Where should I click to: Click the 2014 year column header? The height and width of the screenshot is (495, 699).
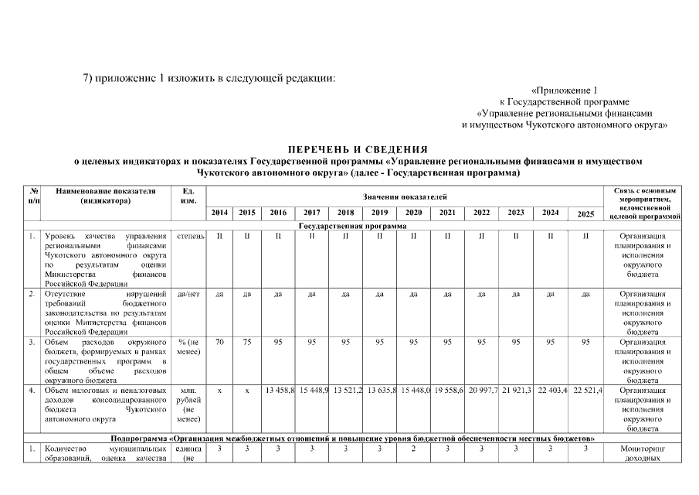[x=220, y=212]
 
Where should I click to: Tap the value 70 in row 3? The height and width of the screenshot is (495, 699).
[x=220, y=342]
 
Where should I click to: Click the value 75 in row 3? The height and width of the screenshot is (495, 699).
[x=246, y=342]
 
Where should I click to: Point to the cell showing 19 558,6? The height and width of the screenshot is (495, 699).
[x=447, y=390]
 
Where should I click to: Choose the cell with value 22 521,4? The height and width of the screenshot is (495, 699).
[x=587, y=390]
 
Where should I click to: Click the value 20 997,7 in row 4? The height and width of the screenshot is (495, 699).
[x=481, y=390]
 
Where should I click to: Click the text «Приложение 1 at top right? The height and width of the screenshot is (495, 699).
[x=565, y=90]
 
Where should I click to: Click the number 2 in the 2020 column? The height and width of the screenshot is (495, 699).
[x=413, y=448]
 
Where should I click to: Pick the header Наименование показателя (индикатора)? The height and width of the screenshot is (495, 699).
[x=106, y=196]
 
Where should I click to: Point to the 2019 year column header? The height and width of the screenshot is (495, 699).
[x=379, y=212]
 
